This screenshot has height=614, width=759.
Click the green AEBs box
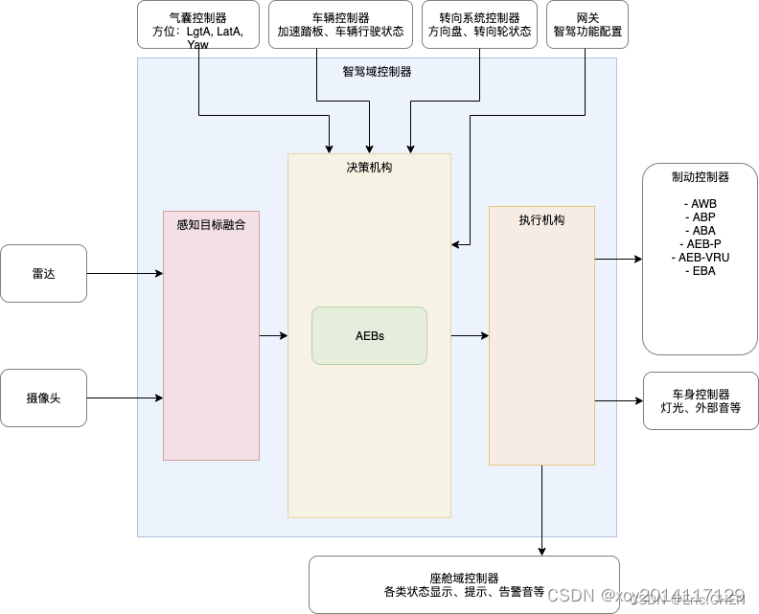pyautogui.click(x=369, y=335)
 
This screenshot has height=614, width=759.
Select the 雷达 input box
pyautogui.click(x=43, y=273)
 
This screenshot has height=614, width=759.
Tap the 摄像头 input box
pyautogui.click(x=43, y=397)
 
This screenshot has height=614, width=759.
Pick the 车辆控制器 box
pyautogui.click(x=340, y=25)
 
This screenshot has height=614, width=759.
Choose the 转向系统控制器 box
pyautogui.click(x=479, y=25)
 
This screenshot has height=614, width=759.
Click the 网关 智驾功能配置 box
pyautogui.click(x=586, y=25)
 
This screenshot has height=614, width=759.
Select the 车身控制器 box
pyautogui.click(x=701, y=400)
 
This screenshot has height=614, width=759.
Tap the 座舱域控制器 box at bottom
pyautogui.click(x=464, y=584)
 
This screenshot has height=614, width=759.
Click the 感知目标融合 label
pyautogui.click(x=211, y=225)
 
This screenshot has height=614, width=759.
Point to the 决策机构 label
pyautogui.click(x=369, y=168)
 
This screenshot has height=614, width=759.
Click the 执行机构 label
pyautogui.click(x=541, y=220)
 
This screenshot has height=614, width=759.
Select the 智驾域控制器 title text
pyautogui.click(x=377, y=72)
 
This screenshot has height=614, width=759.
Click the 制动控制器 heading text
pyautogui.click(x=701, y=177)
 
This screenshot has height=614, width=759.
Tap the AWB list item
pyautogui.click(x=701, y=204)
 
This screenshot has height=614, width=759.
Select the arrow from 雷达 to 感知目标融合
pyautogui.click(x=125, y=273)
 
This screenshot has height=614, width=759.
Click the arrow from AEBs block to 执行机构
pyautogui.click(x=470, y=335)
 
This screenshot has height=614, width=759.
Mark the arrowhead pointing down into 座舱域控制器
pyautogui.click(x=542, y=550)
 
